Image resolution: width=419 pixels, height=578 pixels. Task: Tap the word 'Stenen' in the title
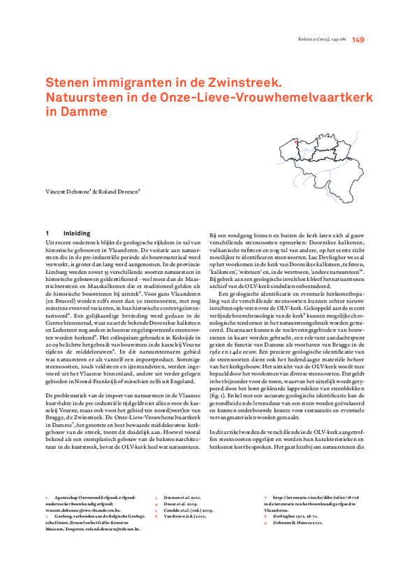69,82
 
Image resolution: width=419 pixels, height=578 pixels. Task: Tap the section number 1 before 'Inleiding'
46,232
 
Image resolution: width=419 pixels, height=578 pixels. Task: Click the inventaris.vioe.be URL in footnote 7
303,498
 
